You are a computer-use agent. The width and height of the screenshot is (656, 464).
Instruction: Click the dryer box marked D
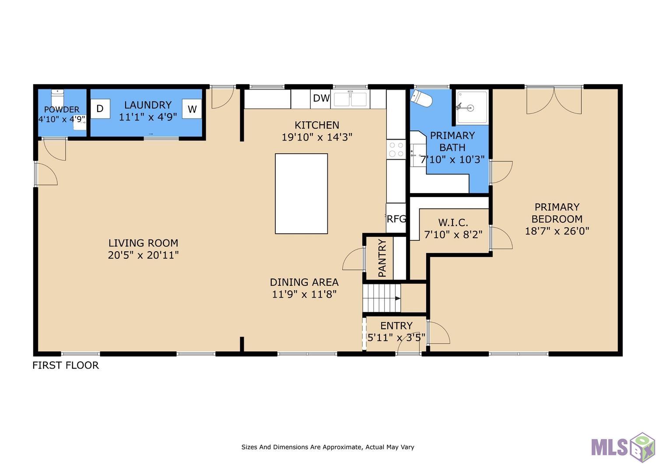100,109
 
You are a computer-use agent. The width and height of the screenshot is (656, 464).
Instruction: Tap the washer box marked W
192,109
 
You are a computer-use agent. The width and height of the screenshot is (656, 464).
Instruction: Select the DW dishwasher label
321,98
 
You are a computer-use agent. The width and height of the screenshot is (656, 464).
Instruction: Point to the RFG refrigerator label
396,219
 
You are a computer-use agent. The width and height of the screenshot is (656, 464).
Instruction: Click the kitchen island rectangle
301,193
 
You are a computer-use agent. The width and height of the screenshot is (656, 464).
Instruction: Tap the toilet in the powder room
57,98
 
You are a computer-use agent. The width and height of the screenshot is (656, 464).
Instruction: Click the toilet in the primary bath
421,98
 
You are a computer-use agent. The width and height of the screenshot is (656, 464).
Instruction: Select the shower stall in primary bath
472,108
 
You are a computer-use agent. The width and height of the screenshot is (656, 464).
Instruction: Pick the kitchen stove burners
396,150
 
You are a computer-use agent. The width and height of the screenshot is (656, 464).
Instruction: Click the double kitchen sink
350,99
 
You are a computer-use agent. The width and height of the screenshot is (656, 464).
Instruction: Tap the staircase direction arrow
398,299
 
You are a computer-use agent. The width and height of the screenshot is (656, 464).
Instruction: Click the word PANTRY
382,258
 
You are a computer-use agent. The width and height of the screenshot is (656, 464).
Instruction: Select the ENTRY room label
396,325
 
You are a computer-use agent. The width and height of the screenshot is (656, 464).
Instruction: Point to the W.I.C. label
453,222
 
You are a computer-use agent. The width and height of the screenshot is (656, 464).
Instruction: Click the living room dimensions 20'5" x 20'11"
143,255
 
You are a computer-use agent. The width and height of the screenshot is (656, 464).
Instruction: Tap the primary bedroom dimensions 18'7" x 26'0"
557,231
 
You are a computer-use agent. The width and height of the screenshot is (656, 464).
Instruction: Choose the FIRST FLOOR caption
66,365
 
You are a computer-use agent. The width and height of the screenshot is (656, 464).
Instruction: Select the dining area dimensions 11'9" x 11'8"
304,294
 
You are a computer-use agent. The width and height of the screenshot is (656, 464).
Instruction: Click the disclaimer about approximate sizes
328,447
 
